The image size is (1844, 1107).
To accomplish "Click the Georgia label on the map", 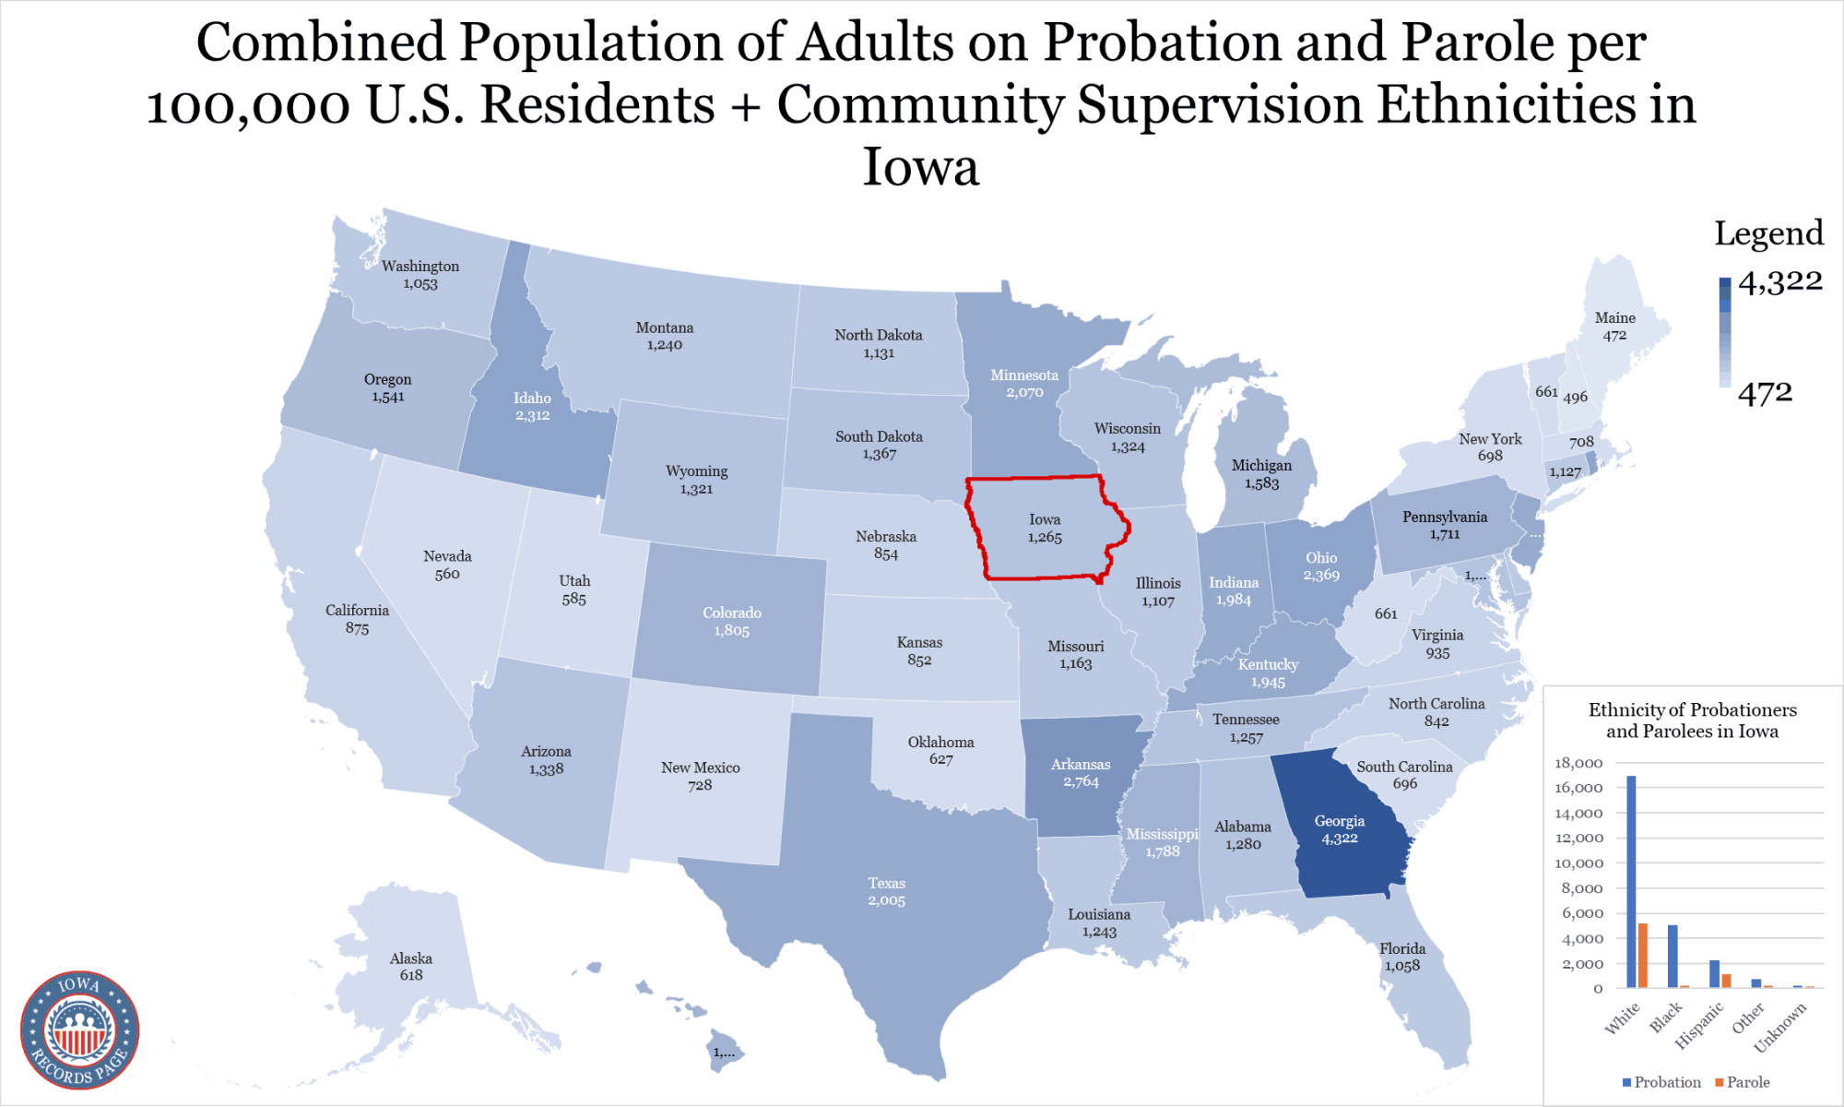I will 1339,821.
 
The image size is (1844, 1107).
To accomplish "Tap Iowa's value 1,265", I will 1045,538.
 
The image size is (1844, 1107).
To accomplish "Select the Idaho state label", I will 532,399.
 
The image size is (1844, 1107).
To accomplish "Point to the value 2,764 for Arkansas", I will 1081,782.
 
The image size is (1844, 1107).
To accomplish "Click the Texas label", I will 886,884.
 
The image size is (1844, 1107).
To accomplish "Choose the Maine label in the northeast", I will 1614,318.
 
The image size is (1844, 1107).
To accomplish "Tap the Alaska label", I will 411,958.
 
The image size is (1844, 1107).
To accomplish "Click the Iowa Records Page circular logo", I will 80,1030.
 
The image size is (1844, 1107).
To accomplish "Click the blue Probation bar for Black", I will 1673,956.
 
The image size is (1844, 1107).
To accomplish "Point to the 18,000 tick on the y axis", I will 1578,763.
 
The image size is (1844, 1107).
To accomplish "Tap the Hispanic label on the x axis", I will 1698,1025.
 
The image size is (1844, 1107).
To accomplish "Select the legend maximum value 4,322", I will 1779,281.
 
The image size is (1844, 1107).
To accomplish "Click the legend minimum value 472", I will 1765,394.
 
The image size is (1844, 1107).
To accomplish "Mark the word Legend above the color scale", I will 1768,233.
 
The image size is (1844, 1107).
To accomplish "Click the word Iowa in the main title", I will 920,167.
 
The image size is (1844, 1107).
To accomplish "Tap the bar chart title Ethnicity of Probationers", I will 1692,710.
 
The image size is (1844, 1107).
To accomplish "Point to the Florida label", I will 1401,949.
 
